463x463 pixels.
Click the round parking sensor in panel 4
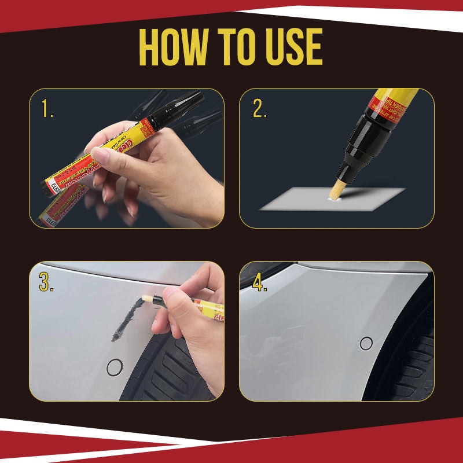pyautogui.click(x=366, y=343)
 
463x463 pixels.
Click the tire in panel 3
pyautogui.click(x=174, y=370)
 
